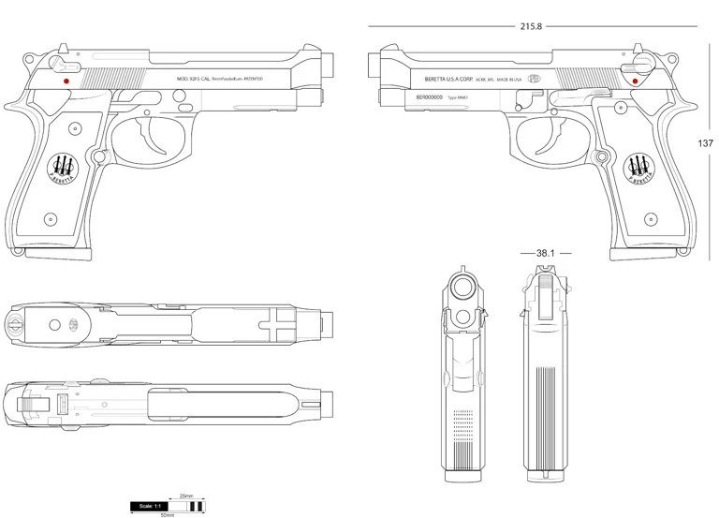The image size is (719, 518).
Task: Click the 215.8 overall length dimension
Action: [x=531, y=26]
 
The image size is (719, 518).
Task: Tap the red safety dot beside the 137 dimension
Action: [x=636, y=81]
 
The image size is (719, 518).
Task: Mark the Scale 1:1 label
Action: [x=149, y=506]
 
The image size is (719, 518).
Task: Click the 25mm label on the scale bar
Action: [x=185, y=496]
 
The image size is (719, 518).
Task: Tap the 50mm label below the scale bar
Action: [x=168, y=514]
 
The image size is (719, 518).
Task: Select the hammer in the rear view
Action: [x=545, y=277]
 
